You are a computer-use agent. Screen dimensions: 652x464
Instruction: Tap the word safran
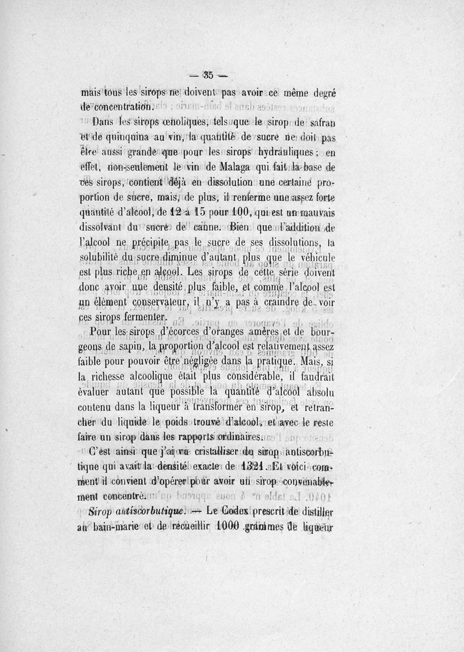point(321,124)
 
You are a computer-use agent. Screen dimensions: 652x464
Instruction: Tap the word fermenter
point(143,317)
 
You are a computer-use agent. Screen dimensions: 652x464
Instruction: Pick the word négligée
point(205,362)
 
